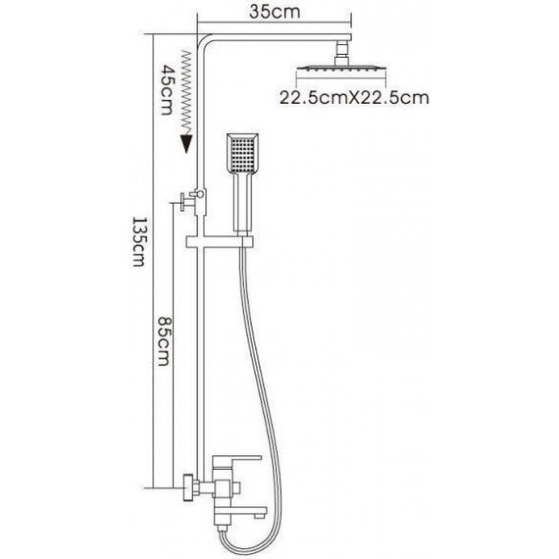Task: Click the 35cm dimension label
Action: [275, 12]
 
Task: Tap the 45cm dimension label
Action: [167, 89]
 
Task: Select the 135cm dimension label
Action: [138, 241]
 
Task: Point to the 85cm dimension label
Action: [163, 341]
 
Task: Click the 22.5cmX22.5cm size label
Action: [354, 98]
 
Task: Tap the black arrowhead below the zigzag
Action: [186, 143]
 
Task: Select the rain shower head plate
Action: [341, 68]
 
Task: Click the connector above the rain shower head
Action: [342, 53]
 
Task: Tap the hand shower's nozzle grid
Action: [242, 154]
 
